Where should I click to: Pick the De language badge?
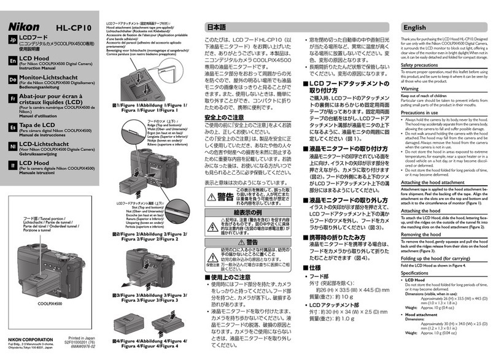coord(13,80)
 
